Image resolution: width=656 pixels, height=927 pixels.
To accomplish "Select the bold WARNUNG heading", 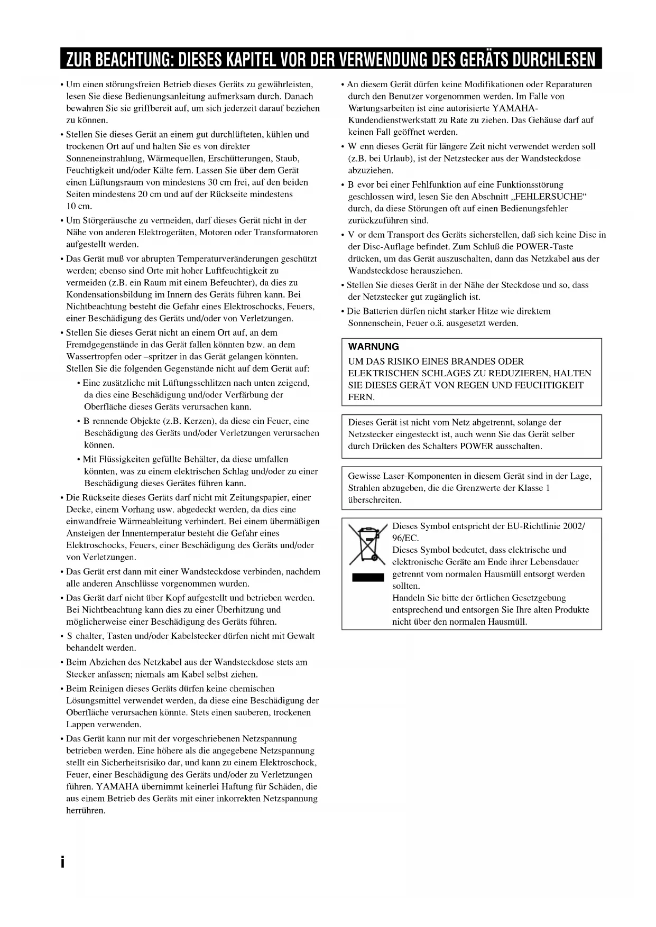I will pyautogui.click(x=374, y=347).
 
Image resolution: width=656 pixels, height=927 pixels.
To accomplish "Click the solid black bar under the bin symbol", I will pyautogui.click(x=368, y=577).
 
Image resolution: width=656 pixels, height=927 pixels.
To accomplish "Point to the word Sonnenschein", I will pyautogui.click(x=374, y=323).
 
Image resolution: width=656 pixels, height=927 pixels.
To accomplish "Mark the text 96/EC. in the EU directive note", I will pyautogui.click(x=405, y=538).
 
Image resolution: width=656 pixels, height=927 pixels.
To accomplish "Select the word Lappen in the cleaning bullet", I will pyautogui.click(x=80, y=725).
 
